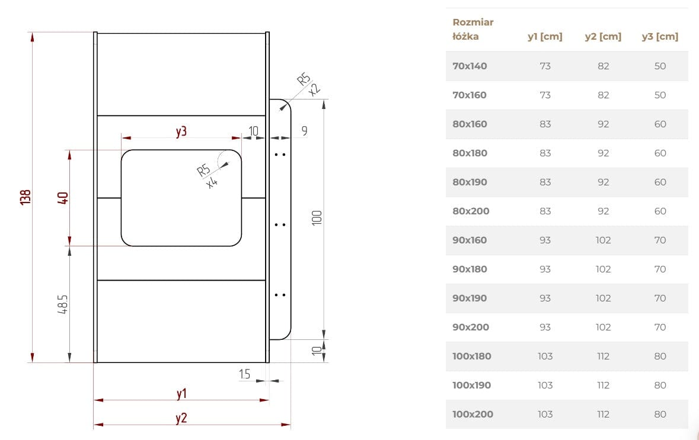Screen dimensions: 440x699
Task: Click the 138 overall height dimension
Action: tap(25, 197)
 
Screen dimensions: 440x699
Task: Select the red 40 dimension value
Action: tap(63, 198)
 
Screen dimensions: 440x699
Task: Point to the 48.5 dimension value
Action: tap(63, 304)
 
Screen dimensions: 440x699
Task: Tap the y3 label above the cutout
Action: tap(181, 131)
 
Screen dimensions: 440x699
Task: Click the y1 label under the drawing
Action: tap(181, 393)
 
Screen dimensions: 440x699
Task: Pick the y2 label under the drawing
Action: tap(181, 418)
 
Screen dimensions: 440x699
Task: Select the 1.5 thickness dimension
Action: tap(244, 374)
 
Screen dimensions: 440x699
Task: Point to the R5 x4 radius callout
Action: tap(208, 176)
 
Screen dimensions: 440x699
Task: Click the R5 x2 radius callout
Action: tap(308, 83)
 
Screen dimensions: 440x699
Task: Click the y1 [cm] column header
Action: tap(545, 37)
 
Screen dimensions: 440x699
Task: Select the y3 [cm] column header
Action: tap(660, 37)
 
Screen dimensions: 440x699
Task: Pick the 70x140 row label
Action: tap(470, 66)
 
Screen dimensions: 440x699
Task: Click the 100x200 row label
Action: tap(473, 414)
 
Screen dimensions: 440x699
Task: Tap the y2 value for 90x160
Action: tap(603, 240)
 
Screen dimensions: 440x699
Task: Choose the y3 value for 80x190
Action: tap(660, 182)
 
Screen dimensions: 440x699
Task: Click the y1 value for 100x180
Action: tap(545, 356)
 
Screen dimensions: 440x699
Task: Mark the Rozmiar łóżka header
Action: tap(473, 29)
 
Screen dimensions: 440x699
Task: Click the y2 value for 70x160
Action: tap(603, 95)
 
